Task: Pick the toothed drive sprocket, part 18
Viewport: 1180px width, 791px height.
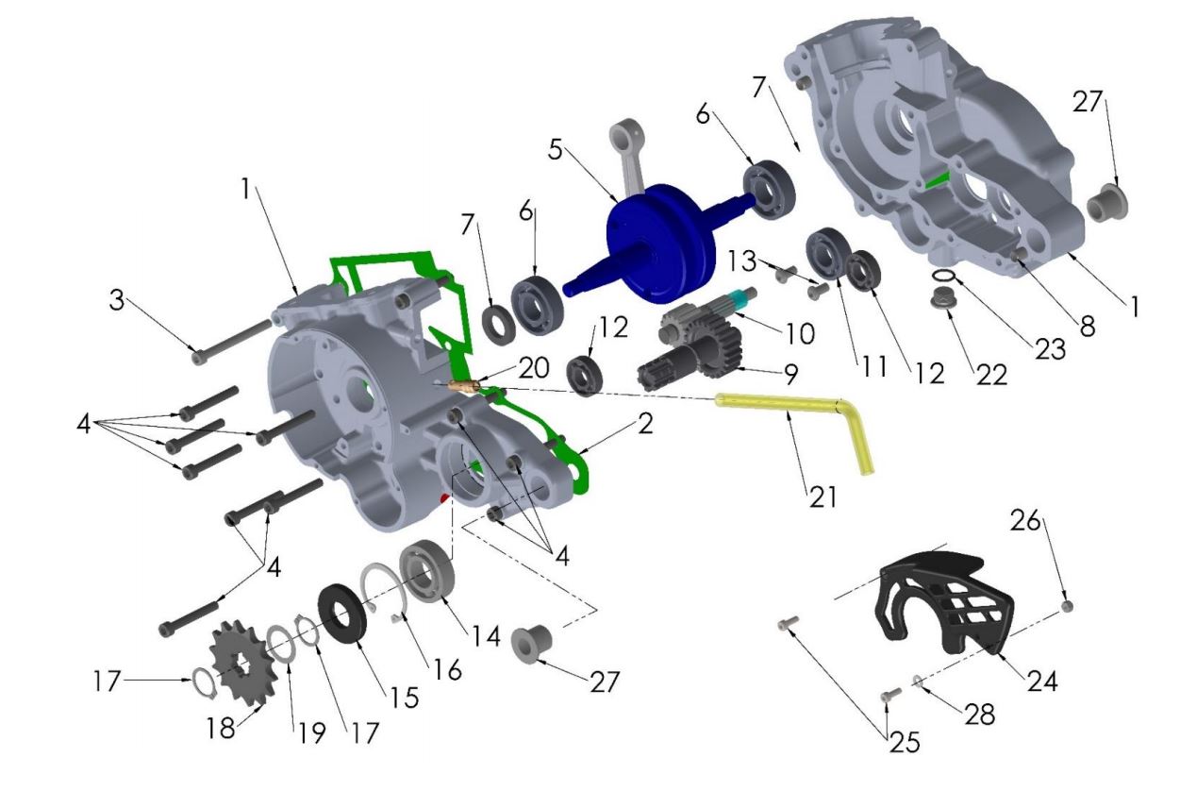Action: click(243, 662)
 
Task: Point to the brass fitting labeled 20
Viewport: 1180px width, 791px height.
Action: click(463, 387)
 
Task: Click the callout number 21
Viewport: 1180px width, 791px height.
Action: click(823, 496)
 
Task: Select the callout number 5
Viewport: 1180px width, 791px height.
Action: click(556, 149)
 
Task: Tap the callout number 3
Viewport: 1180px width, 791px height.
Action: click(117, 299)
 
